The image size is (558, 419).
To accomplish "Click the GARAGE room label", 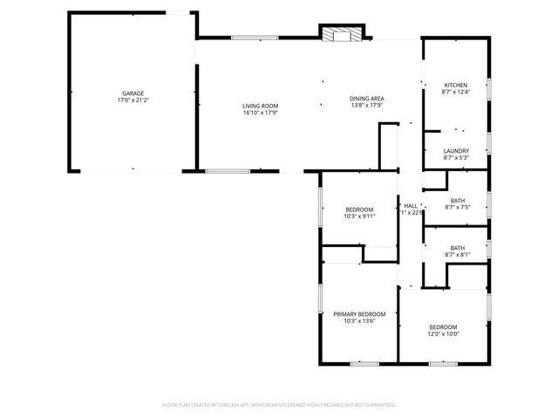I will (x=133, y=93).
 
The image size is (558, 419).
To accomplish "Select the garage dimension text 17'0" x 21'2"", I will (x=133, y=100).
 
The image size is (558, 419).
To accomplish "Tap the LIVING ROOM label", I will (x=259, y=106).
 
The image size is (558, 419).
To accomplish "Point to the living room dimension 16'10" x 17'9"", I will (x=259, y=113).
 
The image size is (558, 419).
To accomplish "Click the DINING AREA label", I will (x=367, y=99).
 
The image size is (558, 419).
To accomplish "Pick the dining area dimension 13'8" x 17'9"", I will (x=367, y=106).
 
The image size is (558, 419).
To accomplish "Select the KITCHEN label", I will (x=456, y=85).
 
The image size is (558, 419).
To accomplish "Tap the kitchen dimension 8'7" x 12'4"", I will (x=456, y=92).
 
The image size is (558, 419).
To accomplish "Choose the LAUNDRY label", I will (x=456, y=151).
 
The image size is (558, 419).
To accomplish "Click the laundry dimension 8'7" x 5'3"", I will (x=456, y=158).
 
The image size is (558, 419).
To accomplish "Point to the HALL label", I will (x=411, y=205).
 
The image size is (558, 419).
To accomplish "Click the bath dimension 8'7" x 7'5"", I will (x=457, y=208).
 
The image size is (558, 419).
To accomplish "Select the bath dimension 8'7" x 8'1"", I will (x=457, y=255).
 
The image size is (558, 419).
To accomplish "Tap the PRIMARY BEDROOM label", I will (x=359, y=313).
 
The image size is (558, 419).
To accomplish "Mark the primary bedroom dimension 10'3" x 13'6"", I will (x=359, y=320).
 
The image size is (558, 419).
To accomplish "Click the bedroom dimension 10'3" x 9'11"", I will (x=359, y=216).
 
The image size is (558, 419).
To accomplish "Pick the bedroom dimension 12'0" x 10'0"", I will (x=443, y=333).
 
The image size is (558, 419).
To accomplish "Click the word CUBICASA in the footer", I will (x=247, y=405).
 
